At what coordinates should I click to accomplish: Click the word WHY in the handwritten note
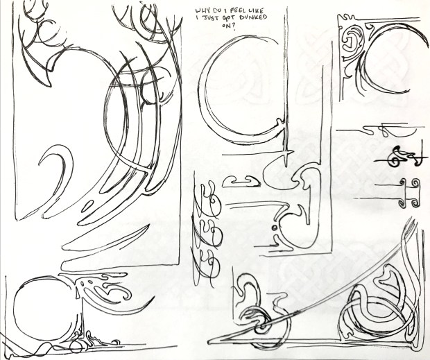click(202, 11)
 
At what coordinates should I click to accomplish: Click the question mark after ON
click(234, 27)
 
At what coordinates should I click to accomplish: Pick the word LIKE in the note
click(256, 11)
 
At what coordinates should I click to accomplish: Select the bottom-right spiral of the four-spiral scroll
click(415, 203)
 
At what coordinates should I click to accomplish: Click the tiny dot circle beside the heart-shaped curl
click(274, 228)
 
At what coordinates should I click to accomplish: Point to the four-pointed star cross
click(285, 152)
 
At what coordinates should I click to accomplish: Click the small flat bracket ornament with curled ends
click(241, 182)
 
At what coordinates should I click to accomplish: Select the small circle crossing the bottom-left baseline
click(76, 347)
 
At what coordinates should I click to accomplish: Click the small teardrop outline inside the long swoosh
click(87, 206)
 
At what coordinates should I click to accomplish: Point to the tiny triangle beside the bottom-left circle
click(78, 294)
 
